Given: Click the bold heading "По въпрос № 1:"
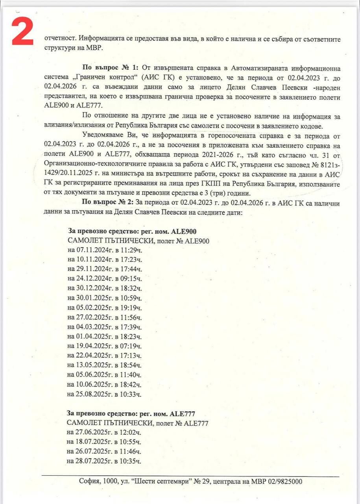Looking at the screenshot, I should coord(105,69).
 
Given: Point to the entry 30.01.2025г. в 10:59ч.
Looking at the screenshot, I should coord(104,298).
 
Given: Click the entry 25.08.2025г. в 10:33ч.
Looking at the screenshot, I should coord(104,394).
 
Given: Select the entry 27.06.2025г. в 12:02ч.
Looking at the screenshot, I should coord(104,432).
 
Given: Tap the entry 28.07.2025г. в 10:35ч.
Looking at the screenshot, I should coord(104,461).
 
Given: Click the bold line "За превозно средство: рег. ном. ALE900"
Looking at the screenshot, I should coord(132,232).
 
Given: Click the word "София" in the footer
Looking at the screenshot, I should coord(89,482).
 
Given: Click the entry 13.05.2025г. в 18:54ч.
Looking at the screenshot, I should coord(104,365).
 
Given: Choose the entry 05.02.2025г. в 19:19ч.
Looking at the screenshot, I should coord(104,308).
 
